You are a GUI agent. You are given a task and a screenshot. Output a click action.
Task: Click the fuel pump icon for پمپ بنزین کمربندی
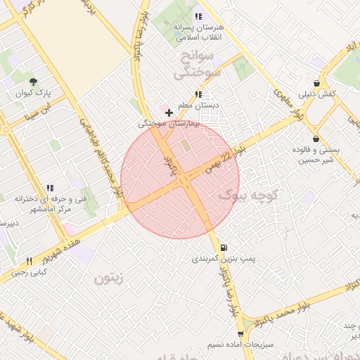coord(224,247)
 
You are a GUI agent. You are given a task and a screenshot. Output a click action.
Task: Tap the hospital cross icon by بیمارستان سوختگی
coord(169,112)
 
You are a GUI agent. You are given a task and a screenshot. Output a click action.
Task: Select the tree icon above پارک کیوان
coord(33,81)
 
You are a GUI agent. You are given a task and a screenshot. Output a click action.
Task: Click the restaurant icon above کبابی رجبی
coord(29,261)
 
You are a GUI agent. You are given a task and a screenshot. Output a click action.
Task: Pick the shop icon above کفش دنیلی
coord(316,83)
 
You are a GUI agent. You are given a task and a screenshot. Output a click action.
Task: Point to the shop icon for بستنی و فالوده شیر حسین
coord(316,139)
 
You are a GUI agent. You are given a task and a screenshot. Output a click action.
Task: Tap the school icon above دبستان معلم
coord(198,94)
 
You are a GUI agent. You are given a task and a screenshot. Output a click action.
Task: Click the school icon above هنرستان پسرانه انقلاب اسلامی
coord(198,15)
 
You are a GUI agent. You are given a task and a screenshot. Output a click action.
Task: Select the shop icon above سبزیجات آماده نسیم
coord(241,335)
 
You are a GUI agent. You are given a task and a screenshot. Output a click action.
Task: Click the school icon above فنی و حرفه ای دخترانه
coord(49,188)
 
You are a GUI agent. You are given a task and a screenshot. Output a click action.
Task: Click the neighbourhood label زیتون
coord(109,278)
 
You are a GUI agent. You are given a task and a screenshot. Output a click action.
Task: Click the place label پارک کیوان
coord(30,93)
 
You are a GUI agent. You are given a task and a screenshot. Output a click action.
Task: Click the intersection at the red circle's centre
coord(181,180)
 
